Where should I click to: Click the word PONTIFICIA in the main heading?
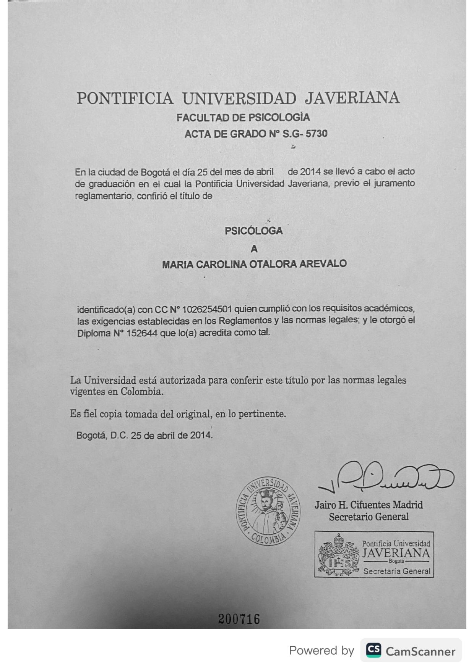click(125, 98)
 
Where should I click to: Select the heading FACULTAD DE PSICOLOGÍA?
click(243, 118)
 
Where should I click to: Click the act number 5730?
click(317, 134)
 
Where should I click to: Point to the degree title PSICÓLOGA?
click(253, 231)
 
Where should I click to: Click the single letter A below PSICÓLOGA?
click(254, 249)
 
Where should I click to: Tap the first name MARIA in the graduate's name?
click(177, 265)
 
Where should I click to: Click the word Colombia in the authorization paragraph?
click(141, 392)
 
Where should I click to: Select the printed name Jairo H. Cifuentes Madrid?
click(368, 505)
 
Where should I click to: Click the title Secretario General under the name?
click(368, 517)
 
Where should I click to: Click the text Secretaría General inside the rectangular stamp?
click(396, 571)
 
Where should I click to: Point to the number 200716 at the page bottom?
click(239, 619)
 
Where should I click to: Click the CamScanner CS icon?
click(373, 650)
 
